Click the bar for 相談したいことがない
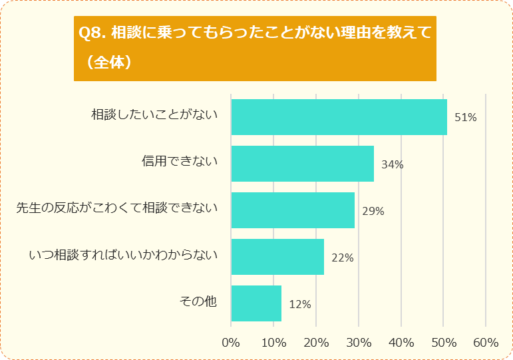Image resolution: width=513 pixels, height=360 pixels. (339, 117)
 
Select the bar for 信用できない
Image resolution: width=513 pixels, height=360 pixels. (302, 164)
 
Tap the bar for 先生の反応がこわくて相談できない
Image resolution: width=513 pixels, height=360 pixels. (293, 210)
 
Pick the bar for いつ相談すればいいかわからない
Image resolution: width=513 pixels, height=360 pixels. (277, 257)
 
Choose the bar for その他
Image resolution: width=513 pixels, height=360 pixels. (256, 303)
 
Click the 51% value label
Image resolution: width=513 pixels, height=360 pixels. (466, 118)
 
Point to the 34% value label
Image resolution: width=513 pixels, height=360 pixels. (393, 164)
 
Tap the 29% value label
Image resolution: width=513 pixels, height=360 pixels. (373, 211)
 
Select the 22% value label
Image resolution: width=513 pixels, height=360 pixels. (342, 258)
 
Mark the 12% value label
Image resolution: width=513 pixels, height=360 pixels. (300, 304)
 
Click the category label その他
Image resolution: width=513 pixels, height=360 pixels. (198, 301)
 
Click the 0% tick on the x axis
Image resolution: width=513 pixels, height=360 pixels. (231, 343)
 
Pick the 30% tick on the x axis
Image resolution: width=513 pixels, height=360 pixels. (359, 343)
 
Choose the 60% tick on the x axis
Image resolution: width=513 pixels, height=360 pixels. (486, 343)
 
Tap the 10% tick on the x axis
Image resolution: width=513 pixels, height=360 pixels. (273, 343)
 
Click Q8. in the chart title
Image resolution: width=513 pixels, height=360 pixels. (92, 33)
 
